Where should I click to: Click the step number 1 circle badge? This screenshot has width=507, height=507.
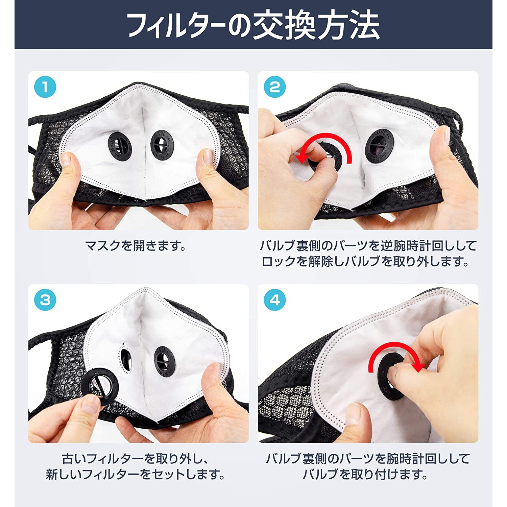tap(45, 88)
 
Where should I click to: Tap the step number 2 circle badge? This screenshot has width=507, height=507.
tap(274, 88)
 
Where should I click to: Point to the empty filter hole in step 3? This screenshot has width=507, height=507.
tap(126, 359)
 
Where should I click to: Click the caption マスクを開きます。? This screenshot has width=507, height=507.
tap(136, 246)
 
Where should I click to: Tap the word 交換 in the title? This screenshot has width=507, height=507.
tap(283, 25)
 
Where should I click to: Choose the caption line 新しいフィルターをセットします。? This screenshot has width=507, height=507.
tap(136, 475)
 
